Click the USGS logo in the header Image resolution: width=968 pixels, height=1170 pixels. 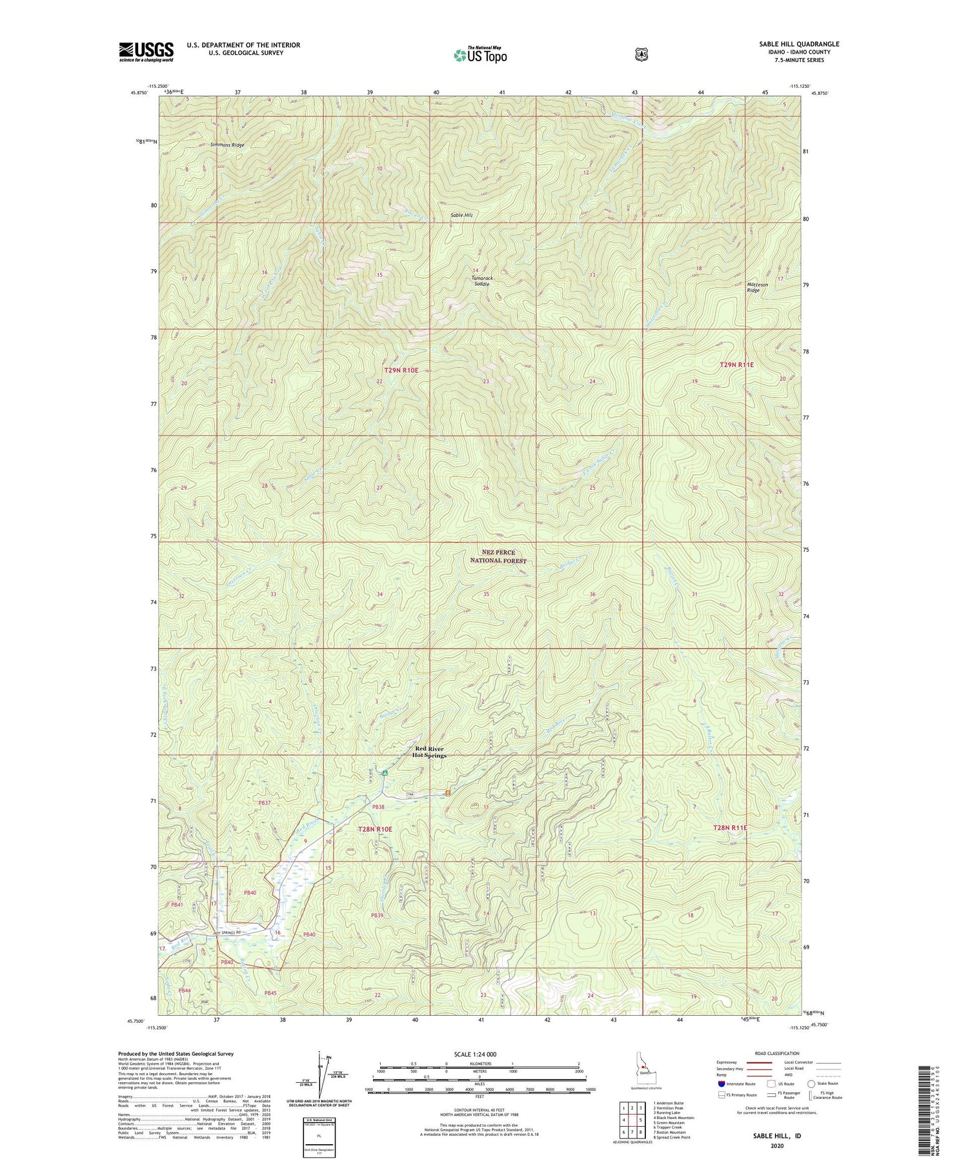tap(146, 52)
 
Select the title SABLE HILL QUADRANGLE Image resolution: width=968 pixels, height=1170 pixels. tap(799, 45)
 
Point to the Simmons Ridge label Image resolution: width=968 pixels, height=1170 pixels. tap(228, 145)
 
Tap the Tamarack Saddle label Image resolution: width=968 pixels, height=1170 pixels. tap(481, 281)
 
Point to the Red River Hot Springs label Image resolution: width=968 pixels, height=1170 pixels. tap(429, 752)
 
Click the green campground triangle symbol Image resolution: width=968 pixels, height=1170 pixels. tap(385, 772)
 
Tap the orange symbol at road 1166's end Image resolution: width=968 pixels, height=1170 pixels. tap(447, 792)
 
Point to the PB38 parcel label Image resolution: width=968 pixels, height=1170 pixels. tap(378, 807)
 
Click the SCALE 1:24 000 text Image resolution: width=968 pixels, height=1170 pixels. tap(479, 1054)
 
